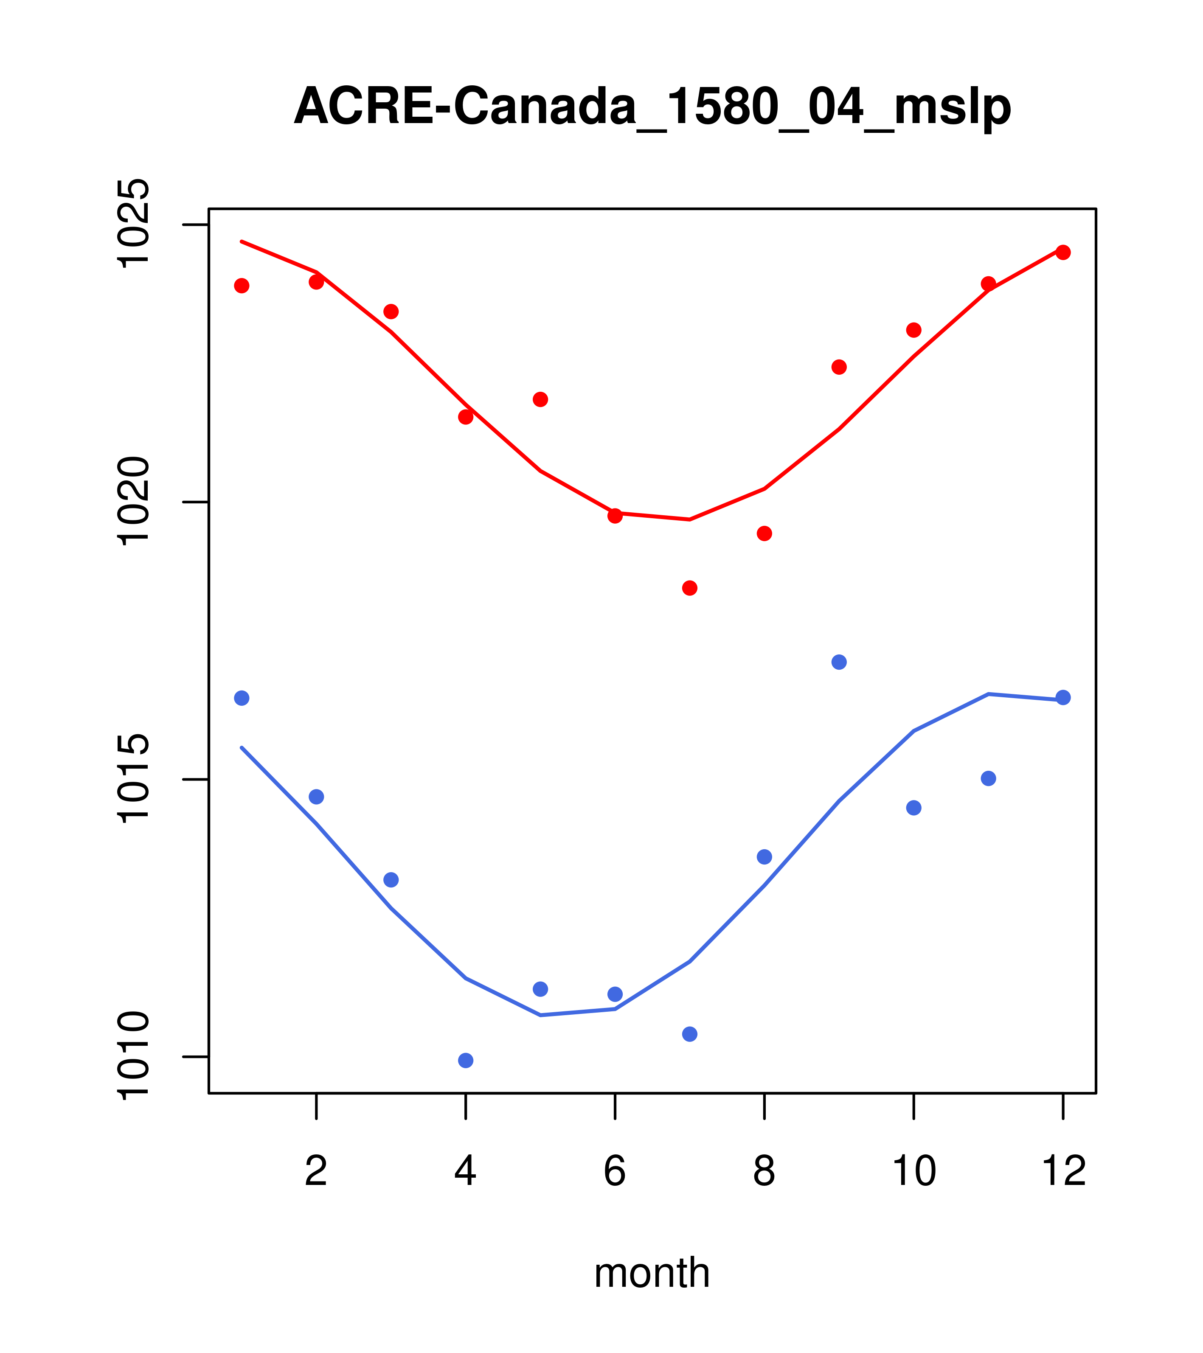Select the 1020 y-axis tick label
tap(132, 502)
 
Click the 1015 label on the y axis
tap(132, 779)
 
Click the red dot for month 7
tap(690, 588)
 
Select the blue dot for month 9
tap(839, 662)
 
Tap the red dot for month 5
tap(540, 399)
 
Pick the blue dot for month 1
tap(242, 698)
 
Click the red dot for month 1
tap(242, 285)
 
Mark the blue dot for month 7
tap(690, 1034)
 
